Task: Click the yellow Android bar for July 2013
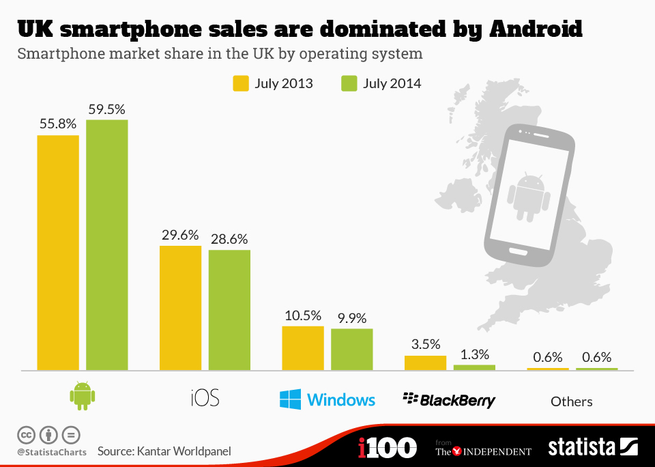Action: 58,253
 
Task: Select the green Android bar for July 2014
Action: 107,245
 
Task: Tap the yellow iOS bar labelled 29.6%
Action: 180,308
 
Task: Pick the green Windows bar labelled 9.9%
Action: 352,350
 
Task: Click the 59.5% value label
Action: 106,109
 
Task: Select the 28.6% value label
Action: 229,239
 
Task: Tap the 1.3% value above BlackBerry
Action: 474,354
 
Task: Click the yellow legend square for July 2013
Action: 241,83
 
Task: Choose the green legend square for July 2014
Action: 348,83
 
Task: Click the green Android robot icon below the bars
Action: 83,396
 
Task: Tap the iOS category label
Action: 205,399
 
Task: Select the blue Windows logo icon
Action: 290,399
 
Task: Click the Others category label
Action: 572,401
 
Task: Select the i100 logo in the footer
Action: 387,449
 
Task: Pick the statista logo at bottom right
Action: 592,448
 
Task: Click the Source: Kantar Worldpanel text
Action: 164,451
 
